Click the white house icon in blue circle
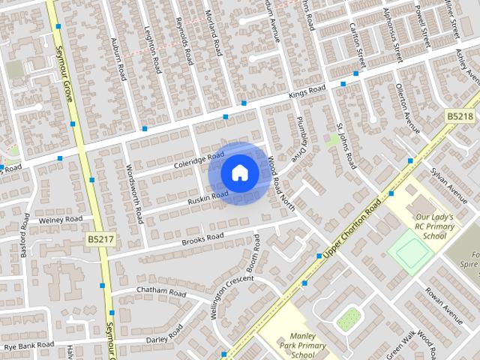click(239, 172)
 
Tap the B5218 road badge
click(460, 116)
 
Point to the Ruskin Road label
click(208, 197)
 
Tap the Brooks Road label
click(202, 238)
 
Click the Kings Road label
click(307, 92)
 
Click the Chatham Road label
click(159, 291)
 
